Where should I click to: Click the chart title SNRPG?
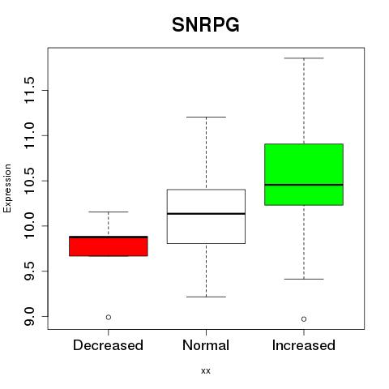[x=206, y=25]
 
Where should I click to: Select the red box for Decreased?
[x=109, y=246]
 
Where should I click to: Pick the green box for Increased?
[x=304, y=174]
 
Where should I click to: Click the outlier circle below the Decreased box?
[x=109, y=317]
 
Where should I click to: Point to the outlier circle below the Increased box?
[x=304, y=319]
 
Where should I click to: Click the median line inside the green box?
[x=304, y=185]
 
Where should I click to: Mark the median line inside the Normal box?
[x=206, y=214]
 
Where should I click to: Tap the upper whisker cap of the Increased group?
[x=304, y=58]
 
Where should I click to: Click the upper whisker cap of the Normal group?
[x=206, y=117]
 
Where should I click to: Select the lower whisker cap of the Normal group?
[x=206, y=297]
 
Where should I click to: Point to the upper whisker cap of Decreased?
[x=109, y=212]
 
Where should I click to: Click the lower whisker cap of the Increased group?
[x=304, y=279]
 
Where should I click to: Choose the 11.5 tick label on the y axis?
[x=29, y=90]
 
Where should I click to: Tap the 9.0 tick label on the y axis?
[x=29, y=316]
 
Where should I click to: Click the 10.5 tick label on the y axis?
[x=29, y=181]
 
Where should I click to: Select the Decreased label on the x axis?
[x=108, y=345]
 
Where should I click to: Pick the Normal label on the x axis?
[x=206, y=345]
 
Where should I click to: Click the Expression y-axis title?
[x=7, y=188]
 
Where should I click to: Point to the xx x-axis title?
[x=206, y=371]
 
